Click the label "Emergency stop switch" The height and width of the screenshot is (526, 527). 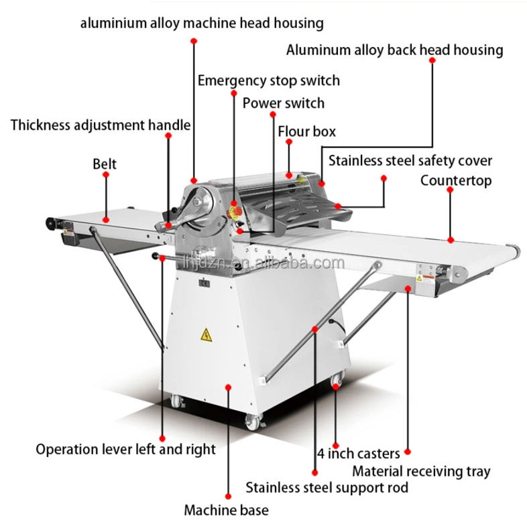tap(268, 80)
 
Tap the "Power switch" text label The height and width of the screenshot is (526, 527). tap(283, 103)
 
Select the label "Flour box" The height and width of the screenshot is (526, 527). tap(306, 131)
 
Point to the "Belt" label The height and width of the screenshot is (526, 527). tap(105, 164)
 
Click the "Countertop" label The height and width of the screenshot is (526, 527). tap(456, 180)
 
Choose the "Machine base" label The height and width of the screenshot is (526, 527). tap(226, 510)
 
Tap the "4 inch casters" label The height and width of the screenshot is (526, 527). tap(359, 454)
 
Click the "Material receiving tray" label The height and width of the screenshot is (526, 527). tap(421, 472)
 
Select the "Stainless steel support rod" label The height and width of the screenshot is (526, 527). tap(327, 487)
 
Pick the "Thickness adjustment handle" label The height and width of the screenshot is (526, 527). tap(101, 125)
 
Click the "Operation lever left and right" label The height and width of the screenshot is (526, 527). tap(125, 449)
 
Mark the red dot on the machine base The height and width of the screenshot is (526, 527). tap(229, 387)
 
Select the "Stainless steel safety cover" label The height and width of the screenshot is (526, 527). tap(410, 161)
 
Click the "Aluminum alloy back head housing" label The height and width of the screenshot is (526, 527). tap(394, 50)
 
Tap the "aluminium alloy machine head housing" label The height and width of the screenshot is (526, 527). tap(202, 23)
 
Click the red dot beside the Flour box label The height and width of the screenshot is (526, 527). tap(289, 142)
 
